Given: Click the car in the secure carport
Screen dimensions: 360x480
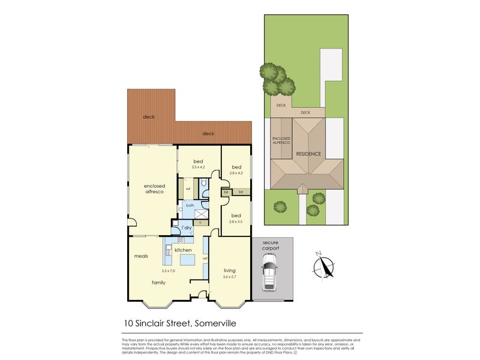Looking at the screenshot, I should point(271,272).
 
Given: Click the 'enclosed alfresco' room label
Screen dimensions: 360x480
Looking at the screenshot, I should point(154,188).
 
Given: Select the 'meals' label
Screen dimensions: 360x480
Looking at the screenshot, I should point(141,257).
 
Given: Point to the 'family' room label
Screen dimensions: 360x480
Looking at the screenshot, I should point(158,281).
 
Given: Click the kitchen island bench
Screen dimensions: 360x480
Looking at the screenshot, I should point(188,259).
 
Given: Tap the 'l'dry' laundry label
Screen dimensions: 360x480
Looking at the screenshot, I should point(187,228).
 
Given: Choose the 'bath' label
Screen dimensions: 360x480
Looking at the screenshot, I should point(190,206).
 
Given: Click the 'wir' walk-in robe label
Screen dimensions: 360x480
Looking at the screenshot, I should point(188,189).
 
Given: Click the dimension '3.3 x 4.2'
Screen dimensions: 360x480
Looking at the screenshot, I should point(199,168).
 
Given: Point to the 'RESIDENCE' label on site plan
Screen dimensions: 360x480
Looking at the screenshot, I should point(308,154).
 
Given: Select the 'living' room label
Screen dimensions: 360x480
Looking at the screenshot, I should point(229,270).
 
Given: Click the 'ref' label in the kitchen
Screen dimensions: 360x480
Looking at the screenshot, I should point(205,259).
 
